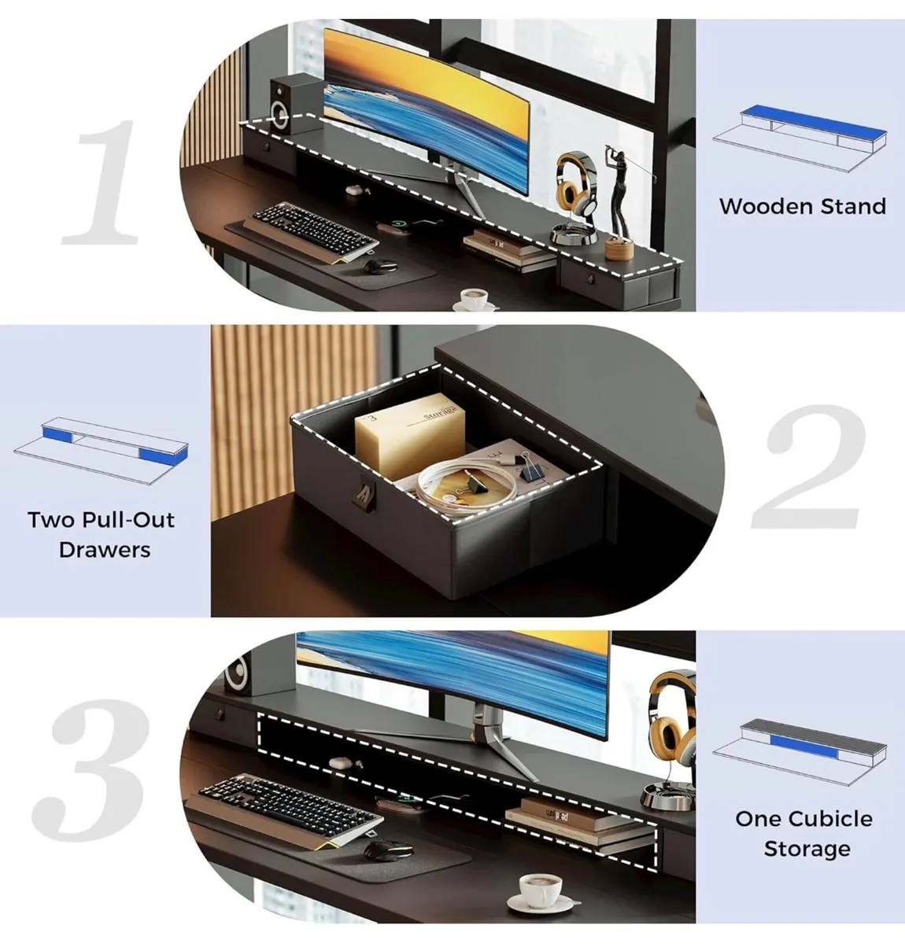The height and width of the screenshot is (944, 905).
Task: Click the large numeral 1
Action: (102, 183)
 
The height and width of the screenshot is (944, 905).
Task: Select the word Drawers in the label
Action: (104, 549)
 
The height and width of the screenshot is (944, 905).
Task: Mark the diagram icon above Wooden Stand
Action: (801, 134)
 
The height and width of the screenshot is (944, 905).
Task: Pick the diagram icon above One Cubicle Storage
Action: (801, 745)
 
